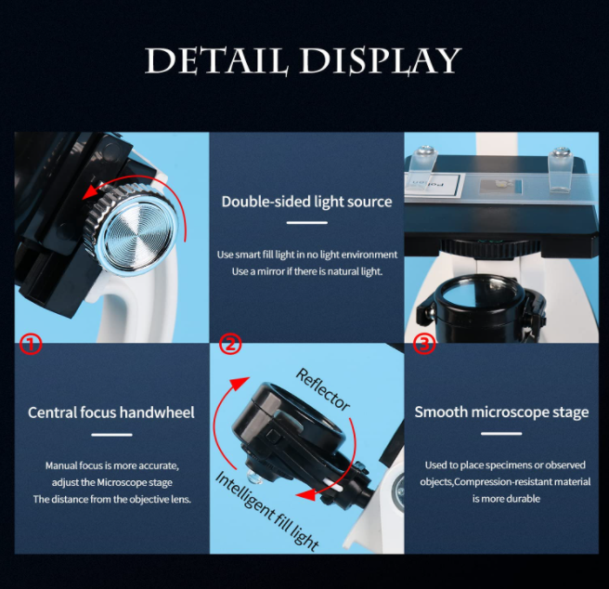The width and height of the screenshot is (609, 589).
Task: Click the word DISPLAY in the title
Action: (381, 60)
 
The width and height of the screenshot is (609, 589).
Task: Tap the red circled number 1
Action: (31, 344)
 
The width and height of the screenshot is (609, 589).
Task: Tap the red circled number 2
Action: (230, 344)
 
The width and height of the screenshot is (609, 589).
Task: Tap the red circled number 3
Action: (423, 344)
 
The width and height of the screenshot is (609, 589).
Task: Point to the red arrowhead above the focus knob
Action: (90, 191)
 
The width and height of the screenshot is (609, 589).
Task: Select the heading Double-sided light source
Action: (307, 202)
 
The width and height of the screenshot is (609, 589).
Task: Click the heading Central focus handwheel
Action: (111, 412)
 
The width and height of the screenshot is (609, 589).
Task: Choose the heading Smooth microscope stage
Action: (501, 412)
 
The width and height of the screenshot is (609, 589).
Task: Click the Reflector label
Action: (322, 390)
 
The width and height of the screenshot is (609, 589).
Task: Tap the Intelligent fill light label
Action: (266, 510)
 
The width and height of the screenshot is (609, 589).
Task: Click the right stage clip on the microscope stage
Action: (561, 170)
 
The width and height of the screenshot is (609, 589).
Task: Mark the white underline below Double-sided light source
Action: (307, 223)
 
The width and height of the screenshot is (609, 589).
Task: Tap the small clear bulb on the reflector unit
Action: (254, 478)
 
